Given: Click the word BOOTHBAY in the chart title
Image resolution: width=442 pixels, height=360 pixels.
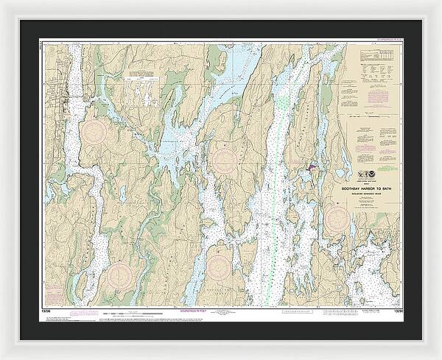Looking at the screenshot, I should pos(349,187).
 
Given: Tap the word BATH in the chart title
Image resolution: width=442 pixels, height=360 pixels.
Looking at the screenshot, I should pos(382,187).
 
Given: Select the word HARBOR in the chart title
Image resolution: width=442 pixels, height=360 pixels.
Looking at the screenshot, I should pos(367,187).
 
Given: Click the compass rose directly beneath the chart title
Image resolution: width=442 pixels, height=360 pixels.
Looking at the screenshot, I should pos(337,216).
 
